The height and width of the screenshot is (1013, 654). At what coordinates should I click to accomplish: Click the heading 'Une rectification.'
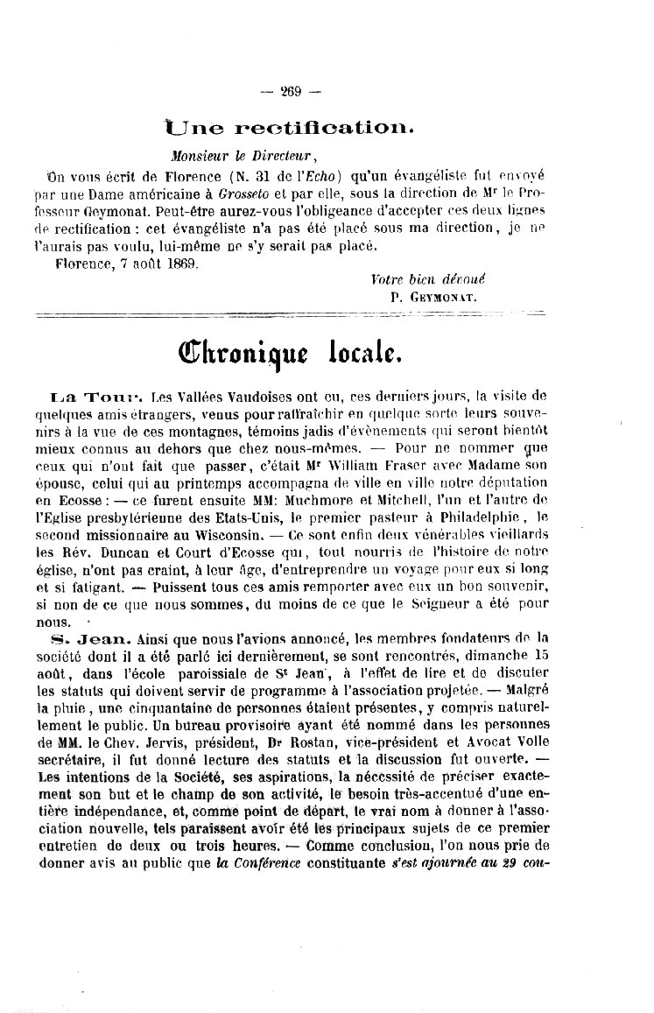(x=290, y=128)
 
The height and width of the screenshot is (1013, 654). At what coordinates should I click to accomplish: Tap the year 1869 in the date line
(x=180, y=261)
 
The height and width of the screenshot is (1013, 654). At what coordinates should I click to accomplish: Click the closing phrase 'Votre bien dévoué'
(x=427, y=279)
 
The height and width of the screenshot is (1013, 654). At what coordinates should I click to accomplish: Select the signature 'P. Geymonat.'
(x=434, y=296)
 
